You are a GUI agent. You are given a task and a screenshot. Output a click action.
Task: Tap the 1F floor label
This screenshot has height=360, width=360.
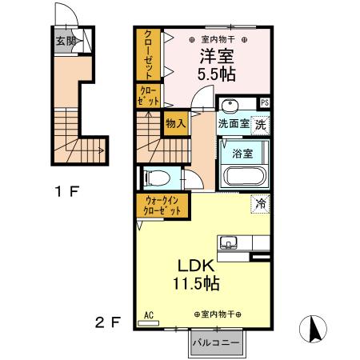67,191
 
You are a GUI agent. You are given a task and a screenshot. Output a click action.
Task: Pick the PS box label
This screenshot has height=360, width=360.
265,102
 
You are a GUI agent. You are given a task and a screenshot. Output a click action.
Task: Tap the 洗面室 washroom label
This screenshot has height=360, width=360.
234,124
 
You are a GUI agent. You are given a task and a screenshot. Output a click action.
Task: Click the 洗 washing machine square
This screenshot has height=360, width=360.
261,124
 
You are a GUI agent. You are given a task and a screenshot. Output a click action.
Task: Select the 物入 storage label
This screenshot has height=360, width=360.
175,123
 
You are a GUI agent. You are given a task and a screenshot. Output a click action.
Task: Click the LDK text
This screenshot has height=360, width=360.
194,267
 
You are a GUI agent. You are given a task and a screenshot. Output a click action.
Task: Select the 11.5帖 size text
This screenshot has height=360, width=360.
194,284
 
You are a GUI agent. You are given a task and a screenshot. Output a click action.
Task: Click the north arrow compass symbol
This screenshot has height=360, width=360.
314,329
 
